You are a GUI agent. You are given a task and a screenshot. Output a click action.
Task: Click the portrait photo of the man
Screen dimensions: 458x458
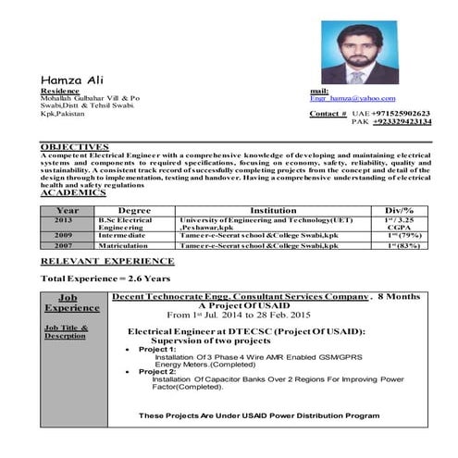pos(359,53)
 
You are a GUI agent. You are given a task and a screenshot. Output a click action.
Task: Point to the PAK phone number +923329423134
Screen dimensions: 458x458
pos(402,121)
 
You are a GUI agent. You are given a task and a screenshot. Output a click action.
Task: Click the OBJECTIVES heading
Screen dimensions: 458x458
pos(75,146)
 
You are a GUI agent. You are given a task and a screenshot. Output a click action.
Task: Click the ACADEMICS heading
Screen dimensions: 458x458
pos(73,192)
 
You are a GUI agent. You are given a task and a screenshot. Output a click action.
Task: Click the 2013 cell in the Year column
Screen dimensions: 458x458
pos(63,220)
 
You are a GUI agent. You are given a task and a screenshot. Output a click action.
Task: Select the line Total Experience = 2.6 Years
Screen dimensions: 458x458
pos(105,279)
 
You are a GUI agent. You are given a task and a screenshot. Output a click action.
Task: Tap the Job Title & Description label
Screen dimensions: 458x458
pos(65,332)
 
